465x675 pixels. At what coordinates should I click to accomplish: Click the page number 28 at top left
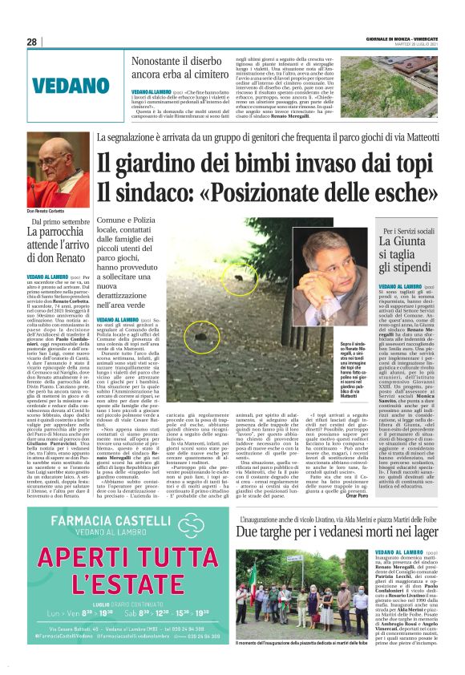pos(31,42)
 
